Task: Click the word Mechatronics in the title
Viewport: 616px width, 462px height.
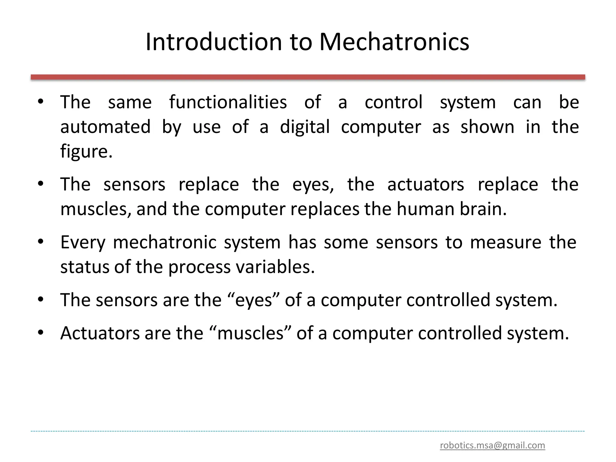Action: (x=394, y=42)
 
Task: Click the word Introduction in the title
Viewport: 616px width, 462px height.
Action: (x=214, y=42)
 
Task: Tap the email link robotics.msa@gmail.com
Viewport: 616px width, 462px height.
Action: (x=492, y=445)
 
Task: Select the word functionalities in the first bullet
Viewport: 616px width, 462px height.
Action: (x=228, y=102)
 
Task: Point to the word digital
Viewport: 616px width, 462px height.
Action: (x=305, y=127)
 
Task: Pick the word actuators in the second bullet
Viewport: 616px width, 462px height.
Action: (x=426, y=184)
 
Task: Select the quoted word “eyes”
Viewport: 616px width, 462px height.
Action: (x=253, y=300)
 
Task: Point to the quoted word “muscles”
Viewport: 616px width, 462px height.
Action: (x=250, y=333)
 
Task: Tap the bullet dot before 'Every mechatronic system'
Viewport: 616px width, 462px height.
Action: (x=41, y=242)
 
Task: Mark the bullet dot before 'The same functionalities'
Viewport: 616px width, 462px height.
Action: (x=41, y=101)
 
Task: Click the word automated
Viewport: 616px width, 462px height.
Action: (x=105, y=127)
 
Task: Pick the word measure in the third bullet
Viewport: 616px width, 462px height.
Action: (x=506, y=242)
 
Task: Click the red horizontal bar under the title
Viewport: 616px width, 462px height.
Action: (x=308, y=77)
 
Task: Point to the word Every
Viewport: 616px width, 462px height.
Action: (x=83, y=243)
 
